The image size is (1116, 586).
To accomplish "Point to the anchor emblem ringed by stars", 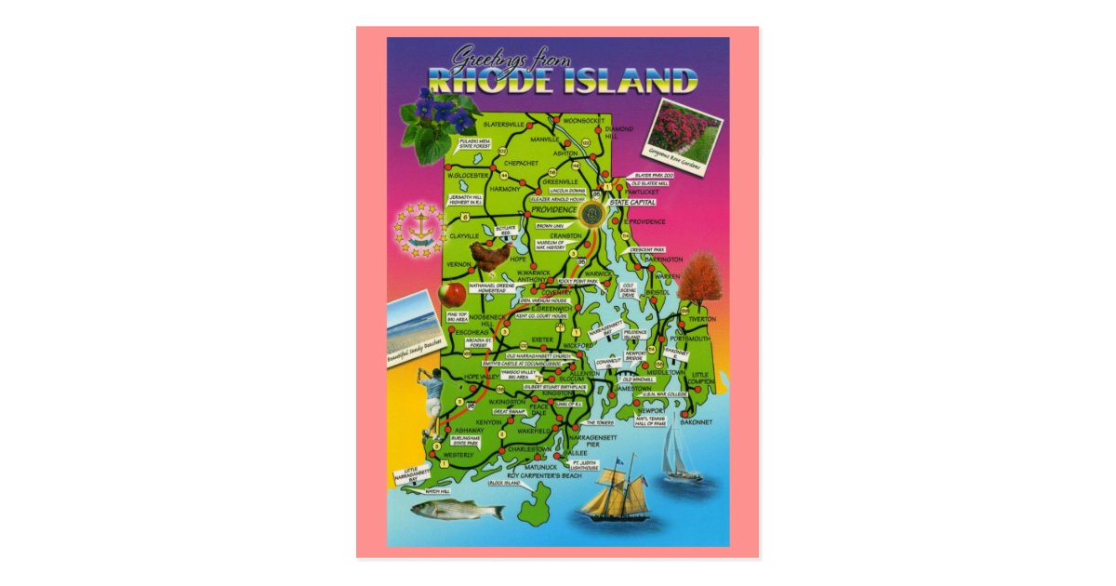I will click(x=419, y=229).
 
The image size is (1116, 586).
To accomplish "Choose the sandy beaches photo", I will click(x=412, y=326).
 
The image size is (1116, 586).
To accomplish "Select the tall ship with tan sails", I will click(x=615, y=492).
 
